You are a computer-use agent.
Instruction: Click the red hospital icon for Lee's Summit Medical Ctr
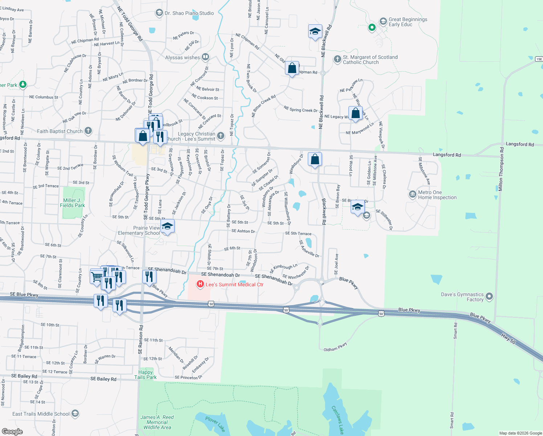(x=200, y=284)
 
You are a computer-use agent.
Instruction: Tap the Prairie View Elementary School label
(x=139, y=230)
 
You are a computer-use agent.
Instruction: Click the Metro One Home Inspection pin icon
(x=412, y=195)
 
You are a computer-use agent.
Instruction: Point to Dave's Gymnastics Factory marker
(x=489, y=296)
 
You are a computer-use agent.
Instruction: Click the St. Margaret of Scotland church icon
(x=337, y=59)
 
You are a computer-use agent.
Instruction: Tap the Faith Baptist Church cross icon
(x=88, y=131)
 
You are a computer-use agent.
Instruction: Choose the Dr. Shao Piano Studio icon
(x=159, y=13)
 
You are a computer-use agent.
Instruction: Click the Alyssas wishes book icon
(x=205, y=57)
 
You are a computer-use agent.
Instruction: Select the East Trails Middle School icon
(x=75, y=413)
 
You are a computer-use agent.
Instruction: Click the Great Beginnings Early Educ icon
(x=383, y=21)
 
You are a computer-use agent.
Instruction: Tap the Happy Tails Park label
(x=146, y=375)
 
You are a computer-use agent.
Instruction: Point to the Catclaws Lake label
(x=338, y=420)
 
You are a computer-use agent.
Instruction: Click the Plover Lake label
(x=215, y=424)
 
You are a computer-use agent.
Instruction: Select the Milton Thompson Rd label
(x=501, y=169)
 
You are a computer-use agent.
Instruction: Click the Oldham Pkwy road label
(x=335, y=347)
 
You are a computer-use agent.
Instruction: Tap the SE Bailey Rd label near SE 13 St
(x=24, y=376)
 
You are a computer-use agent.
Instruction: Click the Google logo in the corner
(x=12, y=432)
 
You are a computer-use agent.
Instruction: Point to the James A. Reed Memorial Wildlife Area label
(x=157, y=422)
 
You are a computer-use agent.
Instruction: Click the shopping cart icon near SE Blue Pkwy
(x=97, y=277)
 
